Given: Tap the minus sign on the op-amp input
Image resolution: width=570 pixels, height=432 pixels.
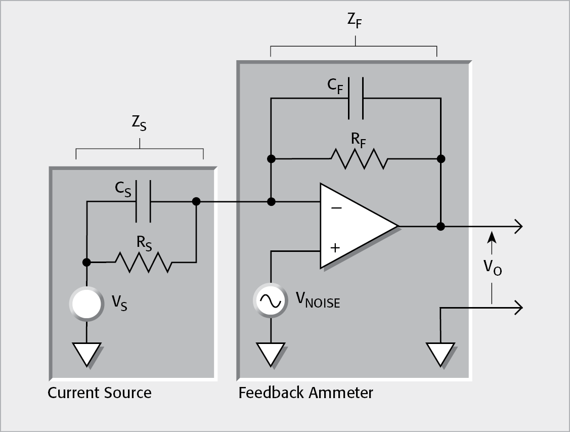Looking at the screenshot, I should click(336, 207).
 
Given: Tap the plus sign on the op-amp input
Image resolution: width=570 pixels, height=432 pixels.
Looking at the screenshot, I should click(335, 247).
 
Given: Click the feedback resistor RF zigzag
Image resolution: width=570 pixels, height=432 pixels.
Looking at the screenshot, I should click(359, 159).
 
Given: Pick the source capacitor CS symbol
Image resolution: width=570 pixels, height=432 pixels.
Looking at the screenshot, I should click(143, 202).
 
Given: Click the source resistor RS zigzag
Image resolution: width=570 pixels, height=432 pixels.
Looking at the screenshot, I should click(144, 262).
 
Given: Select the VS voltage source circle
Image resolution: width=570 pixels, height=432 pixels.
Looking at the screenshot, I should click(86, 304).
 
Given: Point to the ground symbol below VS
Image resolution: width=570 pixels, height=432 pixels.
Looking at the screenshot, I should click(86, 354).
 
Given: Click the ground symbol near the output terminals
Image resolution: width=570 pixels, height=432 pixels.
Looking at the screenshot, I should click(441, 354).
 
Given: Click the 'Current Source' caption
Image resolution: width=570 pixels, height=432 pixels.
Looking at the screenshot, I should click(100, 393).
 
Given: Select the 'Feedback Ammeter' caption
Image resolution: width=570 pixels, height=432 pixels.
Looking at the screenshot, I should click(305, 393).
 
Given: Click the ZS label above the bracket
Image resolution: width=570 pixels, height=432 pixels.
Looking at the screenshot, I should click(139, 125).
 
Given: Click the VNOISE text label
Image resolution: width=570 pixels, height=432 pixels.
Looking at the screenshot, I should click(318, 300).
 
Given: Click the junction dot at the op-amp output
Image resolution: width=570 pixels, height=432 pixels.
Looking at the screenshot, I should click(441, 226).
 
